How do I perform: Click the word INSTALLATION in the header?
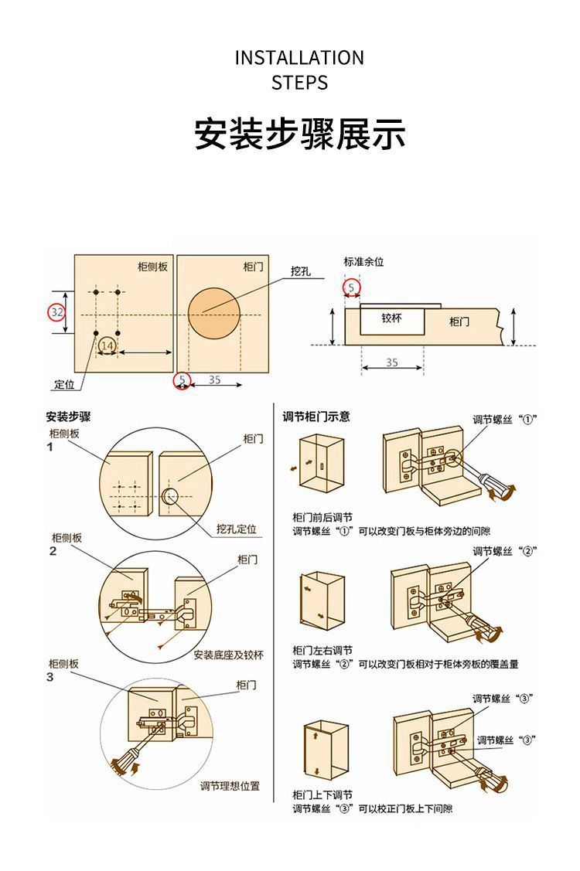(x=299, y=58)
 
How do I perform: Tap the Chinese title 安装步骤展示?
(x=299, y=134)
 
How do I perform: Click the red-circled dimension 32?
(x=56, y=312)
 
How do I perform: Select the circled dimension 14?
(x=107, y=345)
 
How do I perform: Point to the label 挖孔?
(x=301, y=271)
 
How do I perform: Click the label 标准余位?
(x=363, y=261)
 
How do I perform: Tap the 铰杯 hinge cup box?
(x=391, y=318)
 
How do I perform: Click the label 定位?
(x=64, y=385)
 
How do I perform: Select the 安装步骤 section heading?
(x=68, y=417)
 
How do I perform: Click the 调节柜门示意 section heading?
(x=316, y=417)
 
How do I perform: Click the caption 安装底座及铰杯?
(x=228, y=655)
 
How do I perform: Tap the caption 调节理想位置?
(x=230, y=786)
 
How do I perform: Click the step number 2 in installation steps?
(x=53, y=552)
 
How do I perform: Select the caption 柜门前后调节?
(x=322, y=517)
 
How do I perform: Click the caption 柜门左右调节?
(x=322, y=650)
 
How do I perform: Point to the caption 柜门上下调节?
(x=322, y=794)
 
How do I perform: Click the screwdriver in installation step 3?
(x=125, y=758)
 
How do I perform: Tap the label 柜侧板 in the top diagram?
(x=152, y=267)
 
